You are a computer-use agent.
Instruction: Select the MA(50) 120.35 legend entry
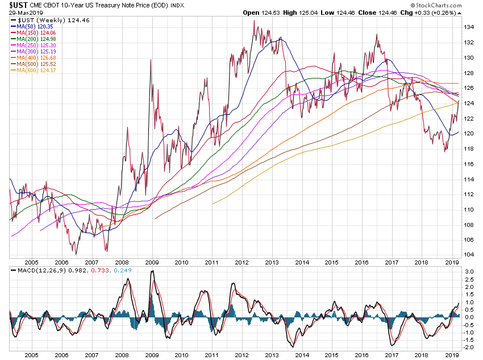coord(36,26)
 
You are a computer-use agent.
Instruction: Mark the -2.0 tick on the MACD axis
coord(468,347)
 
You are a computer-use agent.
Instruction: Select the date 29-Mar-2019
coord(18,12)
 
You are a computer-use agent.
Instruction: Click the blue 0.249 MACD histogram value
coord(123,270)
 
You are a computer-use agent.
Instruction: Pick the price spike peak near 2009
coord(151,60)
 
